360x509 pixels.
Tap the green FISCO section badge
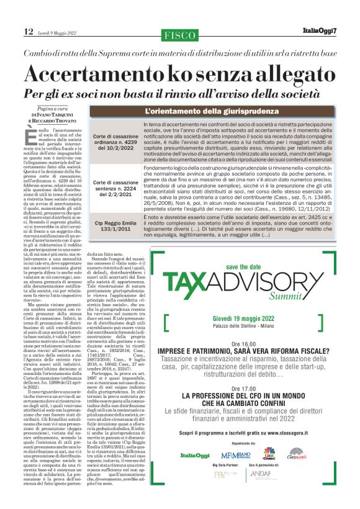[179, 35]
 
